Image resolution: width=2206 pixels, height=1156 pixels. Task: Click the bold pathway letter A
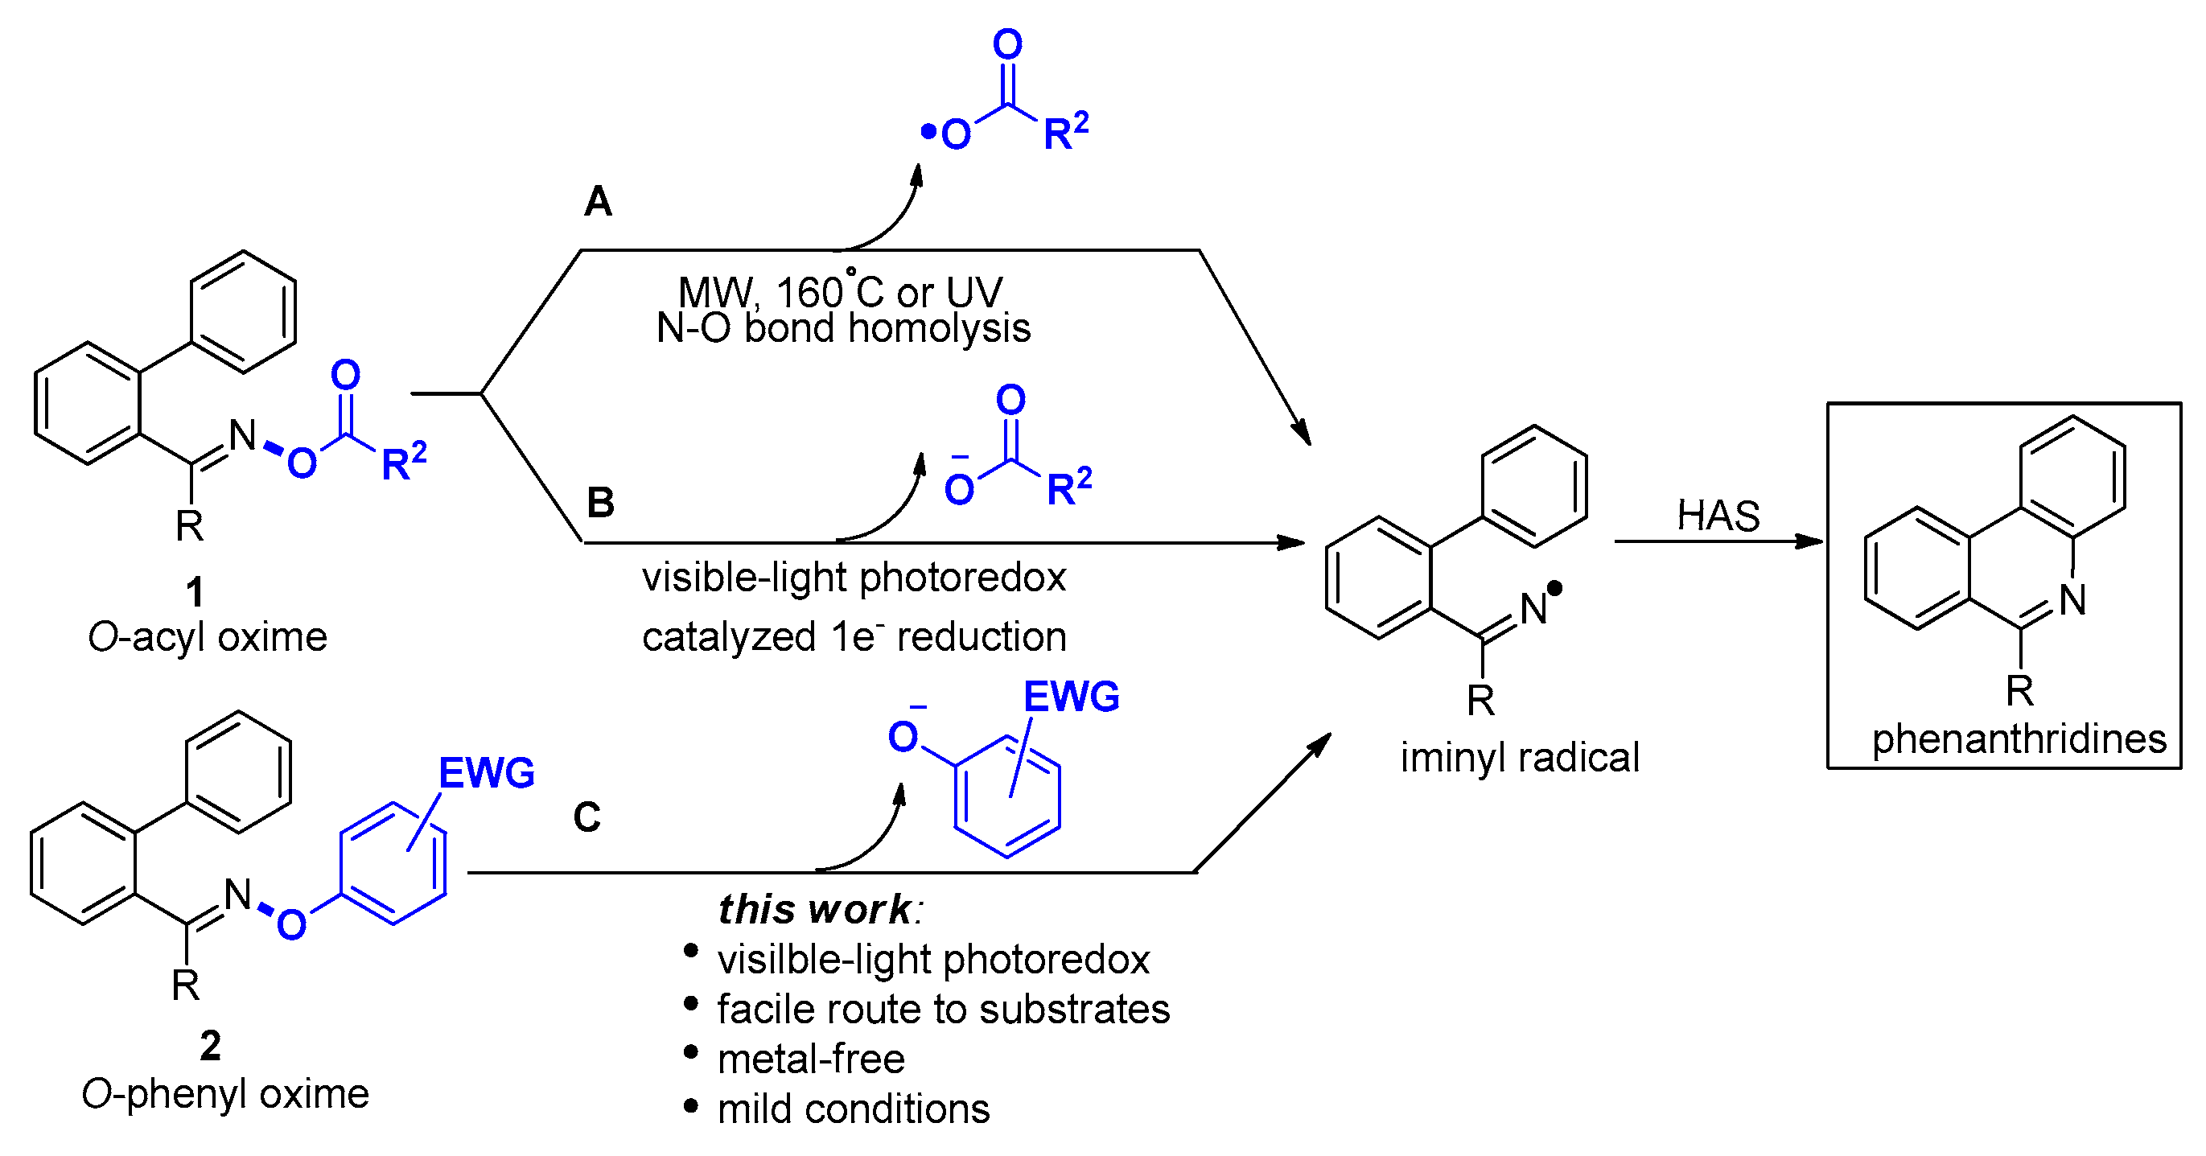pyautogui.click(x=598, y=202)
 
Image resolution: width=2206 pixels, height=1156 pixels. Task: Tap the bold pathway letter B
pyautogui.click(x=600, y=503)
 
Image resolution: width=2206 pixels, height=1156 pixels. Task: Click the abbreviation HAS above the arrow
pyautogui.click(x=1718, y=516)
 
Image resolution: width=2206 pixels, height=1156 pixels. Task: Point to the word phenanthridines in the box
pyautogui.click(x=2019, y=739)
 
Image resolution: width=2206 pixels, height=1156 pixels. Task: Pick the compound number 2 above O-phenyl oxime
pyautogui.click(x=210, y=1046)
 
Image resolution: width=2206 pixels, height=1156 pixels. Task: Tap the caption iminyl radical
pyautogui.click(x=1519, y=758)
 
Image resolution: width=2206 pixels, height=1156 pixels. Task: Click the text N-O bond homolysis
pyautogui.click(x=842, y=329)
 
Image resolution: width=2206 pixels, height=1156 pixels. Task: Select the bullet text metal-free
pyautogui.click(x=810, y=1059)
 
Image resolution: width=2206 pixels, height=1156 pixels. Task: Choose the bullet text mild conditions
pyautogui.click(x=853, y=1109)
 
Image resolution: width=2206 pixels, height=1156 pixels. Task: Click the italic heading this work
pyautogui.click(x=815, y=909)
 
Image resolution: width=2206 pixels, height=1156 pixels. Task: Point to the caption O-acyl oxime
pyautogui.click(x=208, y=637)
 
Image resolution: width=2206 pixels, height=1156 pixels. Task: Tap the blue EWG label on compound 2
pyautogui.click(x=487, y=773)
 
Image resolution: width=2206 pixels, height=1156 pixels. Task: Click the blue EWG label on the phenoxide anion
pyautogui.click(x=1072, y=697)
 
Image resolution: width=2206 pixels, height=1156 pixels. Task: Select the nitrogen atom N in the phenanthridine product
pyautogui.click(x=2072, y=600)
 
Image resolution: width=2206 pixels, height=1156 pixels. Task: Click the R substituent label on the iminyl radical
pyautogui.click(x=1480, y=701)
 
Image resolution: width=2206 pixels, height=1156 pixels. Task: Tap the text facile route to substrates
pyautogui.click(x=943, y=1010)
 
